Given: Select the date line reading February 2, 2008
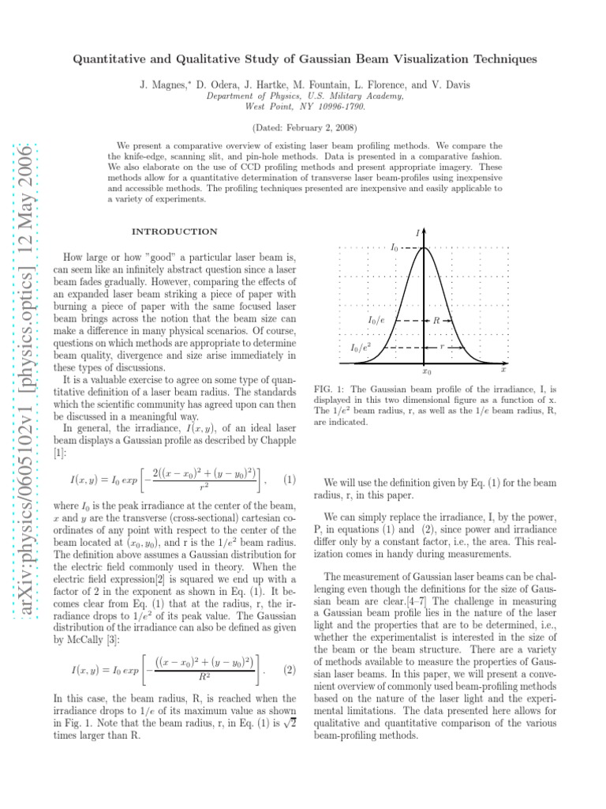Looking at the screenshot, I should tap(305, 127).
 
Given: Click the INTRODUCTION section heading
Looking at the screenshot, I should tap(175, 231).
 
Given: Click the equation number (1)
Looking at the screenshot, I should tap(290, 480).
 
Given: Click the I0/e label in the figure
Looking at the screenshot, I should tap(376, 321).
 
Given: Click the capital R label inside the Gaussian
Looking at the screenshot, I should tap(436, 321).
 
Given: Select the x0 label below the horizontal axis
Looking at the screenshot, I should tap(426, 371).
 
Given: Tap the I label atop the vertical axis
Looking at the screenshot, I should tap(417, 232).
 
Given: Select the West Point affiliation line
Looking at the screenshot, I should tap(305, 104).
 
